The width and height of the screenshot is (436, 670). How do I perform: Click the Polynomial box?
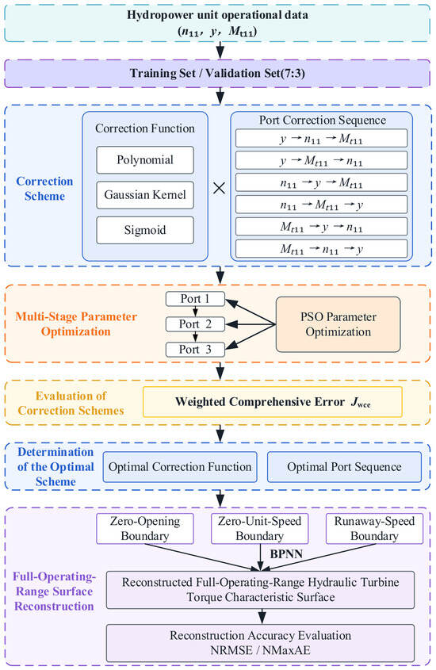click(145, 160)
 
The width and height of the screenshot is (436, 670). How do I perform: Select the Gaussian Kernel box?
click(145, 195)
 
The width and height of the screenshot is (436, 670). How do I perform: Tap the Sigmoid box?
click(145, 230)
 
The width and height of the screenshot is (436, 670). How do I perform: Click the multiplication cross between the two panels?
click(219, 188)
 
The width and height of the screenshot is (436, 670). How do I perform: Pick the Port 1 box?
click(195, 299)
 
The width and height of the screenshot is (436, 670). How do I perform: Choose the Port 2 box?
click(195, 324)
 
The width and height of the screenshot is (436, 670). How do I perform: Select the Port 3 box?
click(195, 349)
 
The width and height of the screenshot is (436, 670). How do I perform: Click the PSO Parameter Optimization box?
click(338, 324)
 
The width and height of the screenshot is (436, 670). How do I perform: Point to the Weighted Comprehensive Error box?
click(273, 402)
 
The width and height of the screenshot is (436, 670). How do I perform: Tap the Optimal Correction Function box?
click(180, 466)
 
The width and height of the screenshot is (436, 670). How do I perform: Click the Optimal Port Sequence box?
click(344, 466)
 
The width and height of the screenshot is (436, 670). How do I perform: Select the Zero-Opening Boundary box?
click(145, 529)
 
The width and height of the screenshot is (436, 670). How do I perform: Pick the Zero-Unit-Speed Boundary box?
click(260, 529)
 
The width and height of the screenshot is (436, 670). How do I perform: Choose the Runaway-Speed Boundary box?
click(374, 529)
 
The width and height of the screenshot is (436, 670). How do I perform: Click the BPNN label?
click(286, 554)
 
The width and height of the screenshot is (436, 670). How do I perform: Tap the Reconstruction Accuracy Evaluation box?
click(260, 643)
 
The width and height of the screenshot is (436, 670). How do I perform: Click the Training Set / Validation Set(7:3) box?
click(217, 74)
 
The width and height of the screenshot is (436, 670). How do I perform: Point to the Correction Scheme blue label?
click(44, 189)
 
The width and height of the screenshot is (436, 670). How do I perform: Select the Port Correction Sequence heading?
click(323, 120)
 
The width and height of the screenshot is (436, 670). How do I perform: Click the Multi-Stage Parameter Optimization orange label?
click(76, 324)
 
